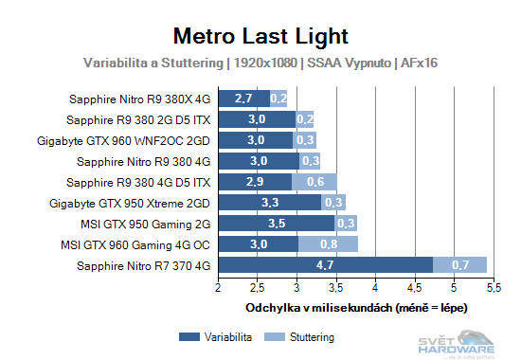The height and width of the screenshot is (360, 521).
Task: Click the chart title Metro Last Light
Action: [x=260, y=36]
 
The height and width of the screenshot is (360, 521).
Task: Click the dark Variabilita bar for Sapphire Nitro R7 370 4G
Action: [x=326, y=264]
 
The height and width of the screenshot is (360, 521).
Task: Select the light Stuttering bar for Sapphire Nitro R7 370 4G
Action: [x=459, y=264]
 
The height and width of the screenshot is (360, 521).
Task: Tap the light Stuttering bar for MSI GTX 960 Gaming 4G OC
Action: [x=328, y=243]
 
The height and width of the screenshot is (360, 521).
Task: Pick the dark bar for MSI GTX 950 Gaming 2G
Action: [x=277, y=223]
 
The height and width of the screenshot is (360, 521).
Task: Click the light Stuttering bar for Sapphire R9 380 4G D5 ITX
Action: [x=314, y=181]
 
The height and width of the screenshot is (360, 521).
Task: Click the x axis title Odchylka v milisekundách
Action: [x=356, y=307]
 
